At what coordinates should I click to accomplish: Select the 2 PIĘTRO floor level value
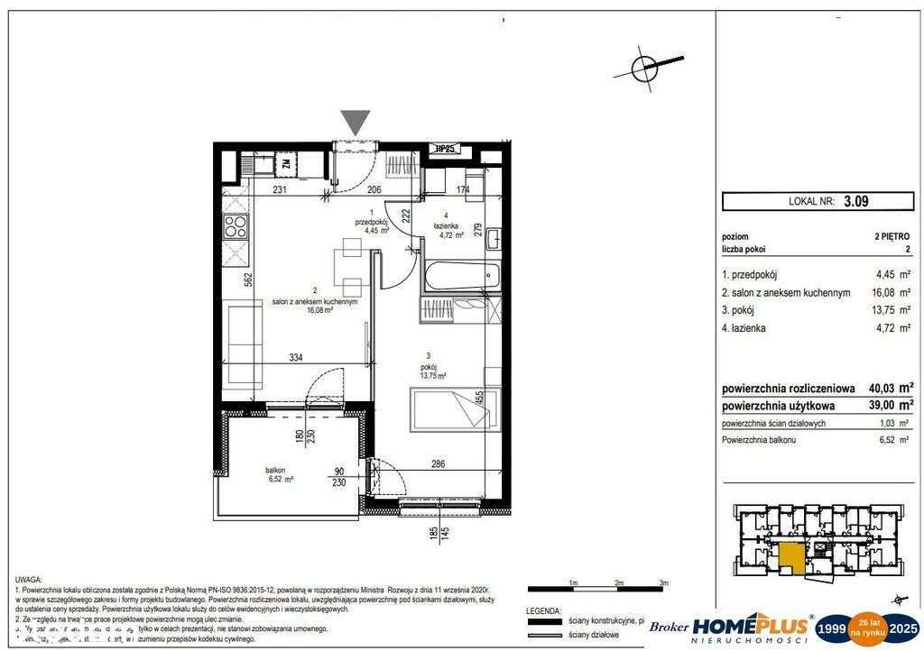click(892, 236)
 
